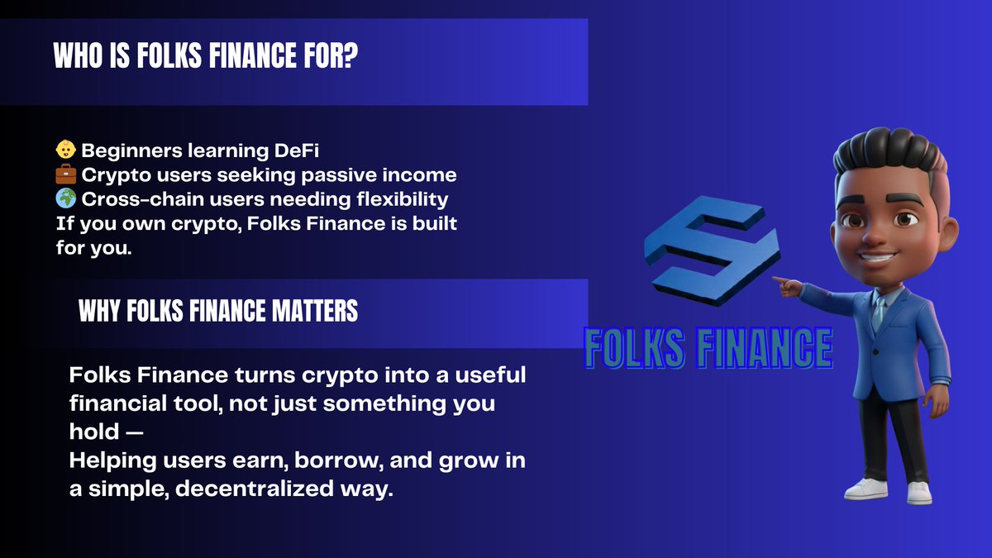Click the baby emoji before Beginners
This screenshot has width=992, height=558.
(65, 151)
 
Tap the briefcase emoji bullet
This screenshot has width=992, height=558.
(65, 175)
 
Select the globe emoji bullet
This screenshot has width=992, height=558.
(65, 199)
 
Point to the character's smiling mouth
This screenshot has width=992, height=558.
(878, 252)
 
